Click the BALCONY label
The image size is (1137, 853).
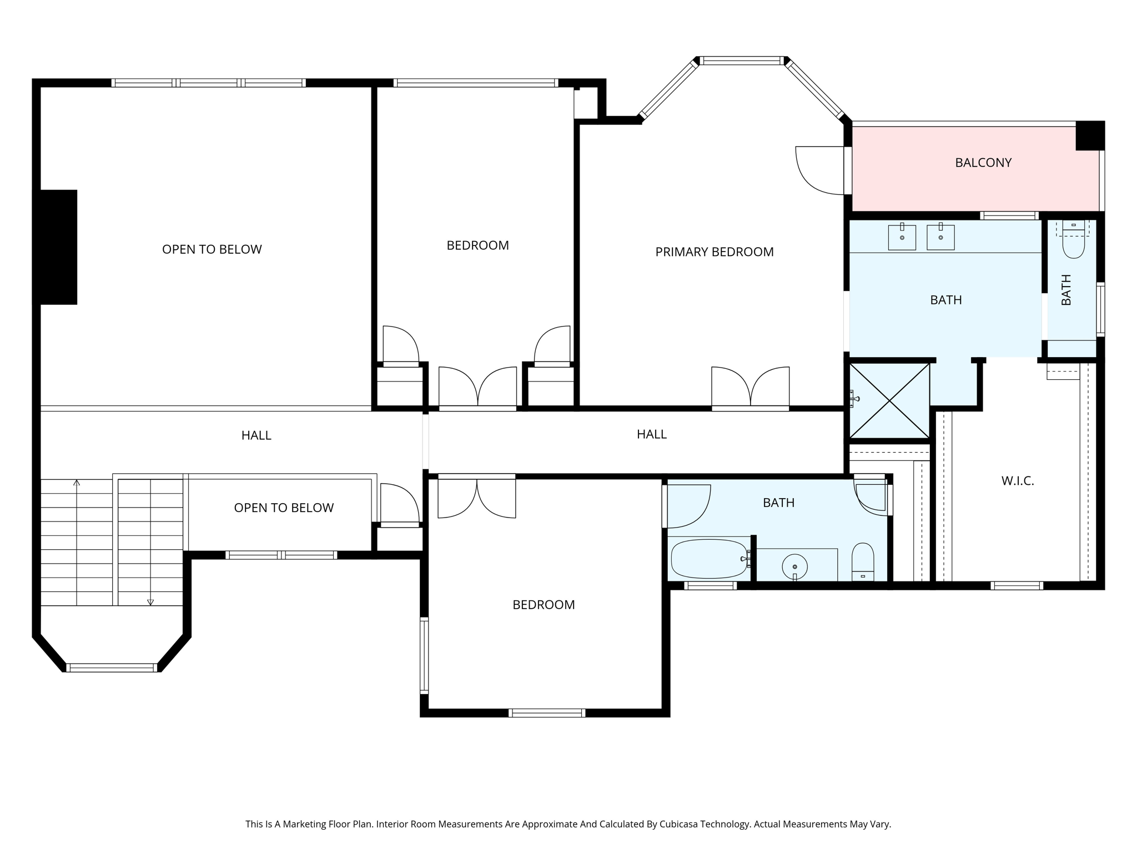(x=983, y=163)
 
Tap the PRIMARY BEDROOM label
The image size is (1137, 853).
(x=714, y=252)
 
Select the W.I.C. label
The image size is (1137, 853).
(x=1017, y=481)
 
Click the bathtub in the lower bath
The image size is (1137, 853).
(x=709, y=559)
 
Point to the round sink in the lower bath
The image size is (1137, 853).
(x=794, y=566)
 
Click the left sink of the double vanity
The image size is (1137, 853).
(x=902, y=237)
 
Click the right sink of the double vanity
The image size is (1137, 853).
(x=940, y=237)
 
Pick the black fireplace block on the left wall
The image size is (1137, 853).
(x=58, y=247)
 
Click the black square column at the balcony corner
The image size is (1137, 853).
(x=1090, y=136)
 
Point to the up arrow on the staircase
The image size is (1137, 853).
(x=77, y=483)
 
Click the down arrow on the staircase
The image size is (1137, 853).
(x=150, y=601)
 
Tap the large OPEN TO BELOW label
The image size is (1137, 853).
(x=212, y=249)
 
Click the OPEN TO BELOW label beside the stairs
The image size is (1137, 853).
(x=283, y=508)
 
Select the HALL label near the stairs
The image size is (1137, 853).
(x=256, y=435)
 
